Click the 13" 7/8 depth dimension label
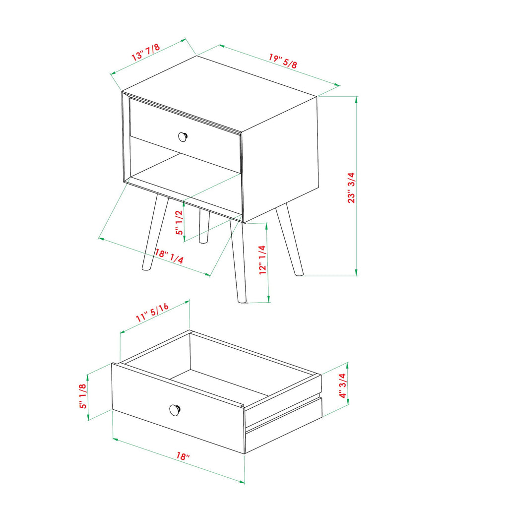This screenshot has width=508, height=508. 145,53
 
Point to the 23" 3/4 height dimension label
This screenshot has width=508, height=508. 351,188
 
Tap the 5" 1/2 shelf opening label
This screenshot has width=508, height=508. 179,222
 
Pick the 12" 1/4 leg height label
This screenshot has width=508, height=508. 263,260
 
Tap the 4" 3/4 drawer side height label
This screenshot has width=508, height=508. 342,385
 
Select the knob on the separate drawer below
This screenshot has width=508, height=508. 175,410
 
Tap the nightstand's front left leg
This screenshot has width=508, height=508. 154,233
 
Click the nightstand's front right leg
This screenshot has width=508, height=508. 238,263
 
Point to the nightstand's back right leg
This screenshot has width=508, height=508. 290,241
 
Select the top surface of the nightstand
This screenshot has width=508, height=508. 218,89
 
